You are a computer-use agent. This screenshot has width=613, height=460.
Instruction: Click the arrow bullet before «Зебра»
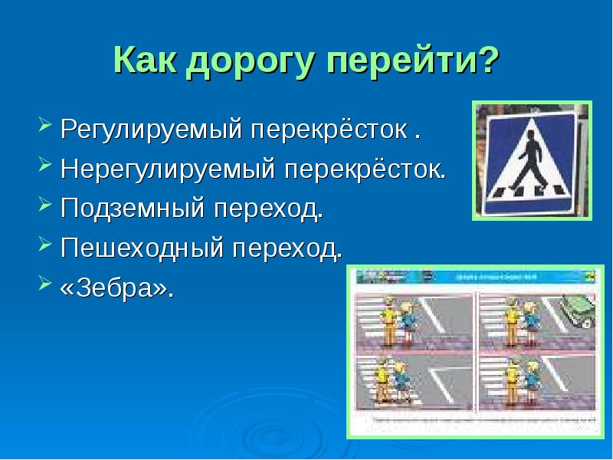coord(45,287)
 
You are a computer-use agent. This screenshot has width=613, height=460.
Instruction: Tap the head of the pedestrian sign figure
coord(530,135)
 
